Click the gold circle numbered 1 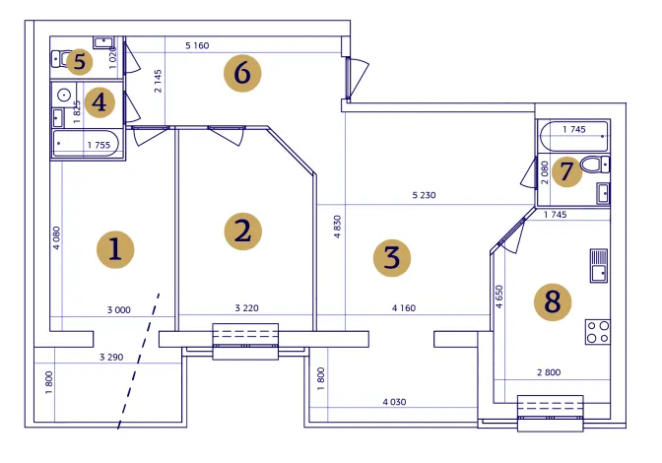click(x=115, y=249)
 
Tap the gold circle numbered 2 click(x=242, y=231)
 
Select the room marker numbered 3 click(x=392, y=258)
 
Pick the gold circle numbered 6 click(x=242, y=74)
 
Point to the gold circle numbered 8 click(x=553, y=302)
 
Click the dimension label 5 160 click(x=197, y=45)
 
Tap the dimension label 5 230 click(x=424, y=195)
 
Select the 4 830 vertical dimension click(x=337, y=227)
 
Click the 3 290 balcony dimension click(x=111, y=357)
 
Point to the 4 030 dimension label click(x=394, y=402)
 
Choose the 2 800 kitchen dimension click(x=549, y=372)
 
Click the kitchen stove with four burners click(x=597, y=332)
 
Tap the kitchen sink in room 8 click(x=599, y=265)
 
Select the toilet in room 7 click(x=595, y=165)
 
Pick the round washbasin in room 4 click(x=64, y=95)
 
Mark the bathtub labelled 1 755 click(x=86, y=144)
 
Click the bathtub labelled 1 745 click(x=573, y=136)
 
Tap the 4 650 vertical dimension click(x=499, y=297)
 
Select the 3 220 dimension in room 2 click(x=246, y=308)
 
